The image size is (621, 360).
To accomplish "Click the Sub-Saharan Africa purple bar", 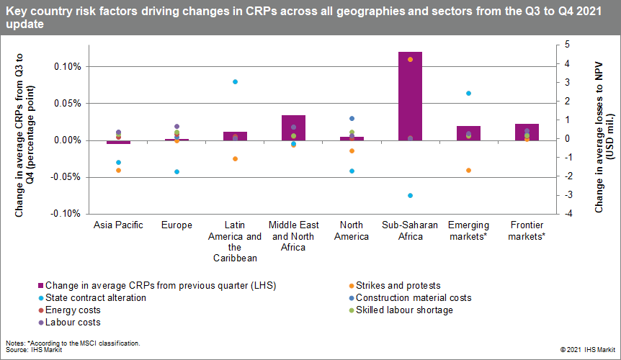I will click(x=410, y=96).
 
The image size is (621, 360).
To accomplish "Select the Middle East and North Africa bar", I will click(x=293, y=127).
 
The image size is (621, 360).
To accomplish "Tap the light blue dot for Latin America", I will click(x=235, y=82).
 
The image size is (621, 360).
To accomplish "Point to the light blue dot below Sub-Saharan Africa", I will click(x=410, y=196).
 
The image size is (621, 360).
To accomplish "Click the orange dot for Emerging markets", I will click(x=468, y=171).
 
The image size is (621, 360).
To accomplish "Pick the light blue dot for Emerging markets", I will click(x=468, y=94).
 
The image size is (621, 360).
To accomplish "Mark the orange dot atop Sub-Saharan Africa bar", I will click(x=410, y=59).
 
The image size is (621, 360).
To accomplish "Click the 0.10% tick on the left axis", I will click(x=66, y=66).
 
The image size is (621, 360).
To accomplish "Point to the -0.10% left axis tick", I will click(x=66, y=213).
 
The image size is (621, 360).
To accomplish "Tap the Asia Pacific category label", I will click(x=119, y=225).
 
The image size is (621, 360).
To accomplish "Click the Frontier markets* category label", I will click(x=527, y=230).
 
